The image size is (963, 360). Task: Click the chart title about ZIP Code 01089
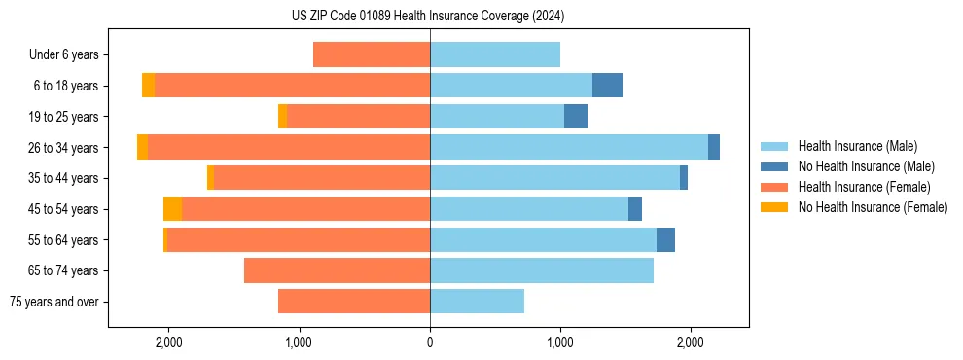click(x=428, y=17)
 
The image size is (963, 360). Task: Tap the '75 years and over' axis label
click(x=54, y=302)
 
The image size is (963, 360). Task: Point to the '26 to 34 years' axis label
click(x=65, y=148)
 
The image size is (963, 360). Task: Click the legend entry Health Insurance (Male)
click(x=857, y=146)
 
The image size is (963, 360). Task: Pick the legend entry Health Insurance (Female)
click(x=864, y=187)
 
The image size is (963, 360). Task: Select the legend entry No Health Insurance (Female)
click(x=873, y=207)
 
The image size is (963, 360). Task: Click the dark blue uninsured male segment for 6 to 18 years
click(x=607, y=86)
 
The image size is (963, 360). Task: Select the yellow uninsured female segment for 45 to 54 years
click(x=172, y=209)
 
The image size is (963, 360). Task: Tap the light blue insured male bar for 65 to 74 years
click(x=542, y=270)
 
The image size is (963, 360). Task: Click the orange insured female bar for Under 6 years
click(x=372, y=55)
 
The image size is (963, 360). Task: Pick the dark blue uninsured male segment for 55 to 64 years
click(x=665, y=240)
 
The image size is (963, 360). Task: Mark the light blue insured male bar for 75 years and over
click(x=477, y=302)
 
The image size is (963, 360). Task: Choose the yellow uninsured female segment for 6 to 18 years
click(x=148, y=86)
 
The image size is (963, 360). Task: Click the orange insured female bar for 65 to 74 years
click(x=337, y=270)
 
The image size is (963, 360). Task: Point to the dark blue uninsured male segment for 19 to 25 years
click(x=576, y=117)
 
